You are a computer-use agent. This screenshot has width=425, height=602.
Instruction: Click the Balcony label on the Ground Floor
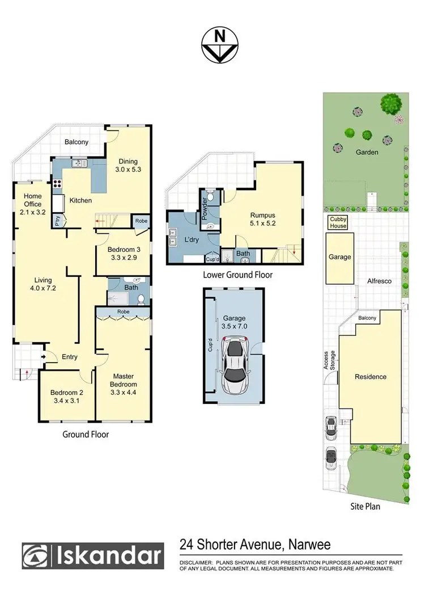pos(76,142)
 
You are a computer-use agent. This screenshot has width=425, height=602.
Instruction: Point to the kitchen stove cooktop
pos(57,183)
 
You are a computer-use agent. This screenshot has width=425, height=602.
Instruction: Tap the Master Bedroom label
pos(123,380)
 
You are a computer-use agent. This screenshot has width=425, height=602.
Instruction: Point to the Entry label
pos(70,357)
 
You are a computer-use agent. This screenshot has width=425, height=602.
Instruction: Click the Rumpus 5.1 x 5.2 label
pos(262,220)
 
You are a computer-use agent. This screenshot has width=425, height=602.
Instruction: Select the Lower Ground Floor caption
pos(237,275)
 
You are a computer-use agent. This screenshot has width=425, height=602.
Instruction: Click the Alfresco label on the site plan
pos(380,280)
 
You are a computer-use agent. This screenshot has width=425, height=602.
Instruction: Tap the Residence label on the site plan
pos(371,376)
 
